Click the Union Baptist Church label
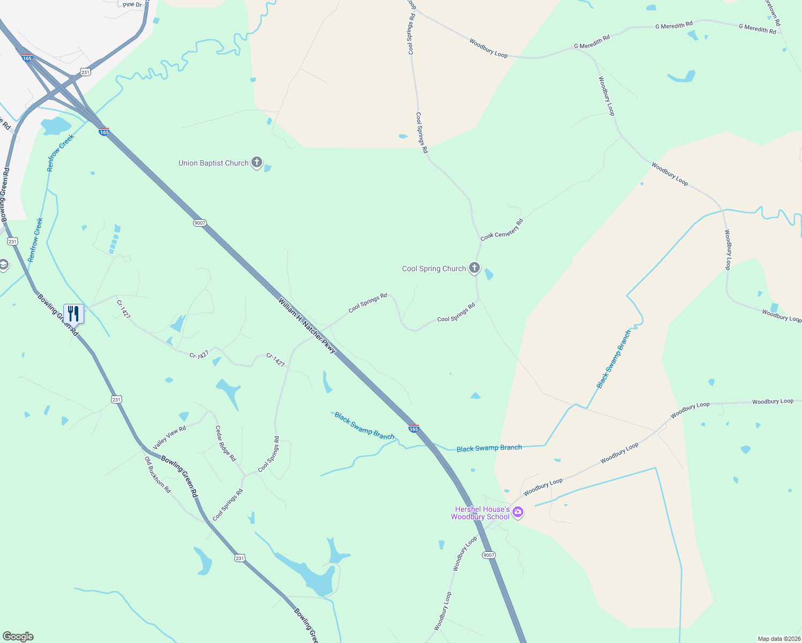pyautogui.click(x=213, y=163)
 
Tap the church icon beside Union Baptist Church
pyautogui.click(x=257, y=162)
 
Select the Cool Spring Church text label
pyautogui.click(x=434, y=269)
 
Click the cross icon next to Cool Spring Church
pyautogui.click(x=474, y=267)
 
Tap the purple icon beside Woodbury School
pyautogui.click(x=518, y=512)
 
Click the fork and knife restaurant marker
pyautogui.click(x=73, y=313)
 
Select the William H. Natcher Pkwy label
pyautogui.click(x=307, y=325)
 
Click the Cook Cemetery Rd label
pyautogui.click(x=502, y=229)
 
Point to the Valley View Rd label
pyautogui.click(x=169, y=437)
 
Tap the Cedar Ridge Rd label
pyautogui.click(x=225, y=443)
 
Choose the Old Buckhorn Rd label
pyautogui.click(x=158, y=475)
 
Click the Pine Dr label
pyautogui.click(x=132, y=5)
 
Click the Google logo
pyautogui.click(x=18, y=637)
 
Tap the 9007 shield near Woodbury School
pyautogui.click(x=488, y=555)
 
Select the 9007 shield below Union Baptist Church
pyautogui.click(x=200, y=223)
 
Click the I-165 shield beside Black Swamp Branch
pyautogui.click(x=413, y=428)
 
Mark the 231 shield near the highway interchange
pyautogui.click(x=85, y=71)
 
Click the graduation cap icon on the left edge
pyautogui.click(x=3, y=265)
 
